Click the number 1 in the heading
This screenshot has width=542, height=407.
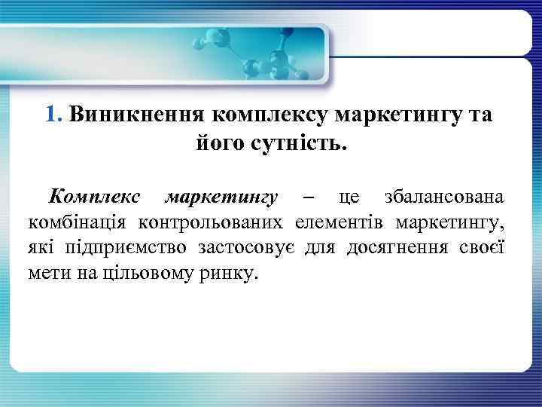(50, 115)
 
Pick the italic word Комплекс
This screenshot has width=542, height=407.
(94, 197)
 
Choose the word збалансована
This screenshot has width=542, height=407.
(444, 197)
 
